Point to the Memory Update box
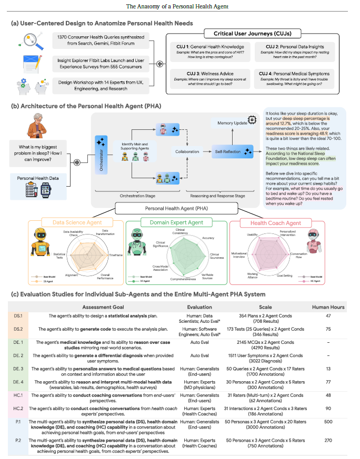tap(233, 122)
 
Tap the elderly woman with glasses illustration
tap(38, 125)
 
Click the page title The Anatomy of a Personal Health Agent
tap(179, 6)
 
